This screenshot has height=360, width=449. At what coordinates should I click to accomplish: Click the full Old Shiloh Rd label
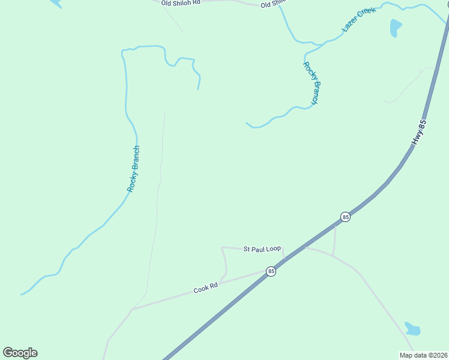click(x=180, y=3)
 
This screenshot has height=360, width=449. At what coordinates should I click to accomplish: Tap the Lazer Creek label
click(x=358, y=20)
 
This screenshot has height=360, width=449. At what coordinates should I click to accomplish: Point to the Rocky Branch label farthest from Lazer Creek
click(x=133, y=169)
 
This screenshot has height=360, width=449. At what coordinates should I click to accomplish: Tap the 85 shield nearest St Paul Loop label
click(x=271, y=271)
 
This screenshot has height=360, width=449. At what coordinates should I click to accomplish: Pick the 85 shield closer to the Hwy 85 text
click(x=345, y=217)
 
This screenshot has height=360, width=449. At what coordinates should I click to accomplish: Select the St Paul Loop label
click(x=262, y=248)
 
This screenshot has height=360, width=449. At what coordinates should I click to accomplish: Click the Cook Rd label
click(x=205, y=289)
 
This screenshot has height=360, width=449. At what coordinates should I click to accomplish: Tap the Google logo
click(x=20, y=353)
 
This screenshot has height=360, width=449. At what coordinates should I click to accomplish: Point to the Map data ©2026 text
click(x=424, y=355)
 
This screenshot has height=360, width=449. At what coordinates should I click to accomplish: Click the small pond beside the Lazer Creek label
click(x=396, y=28)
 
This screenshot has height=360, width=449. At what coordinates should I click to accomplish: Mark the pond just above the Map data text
click(x=412, y=329)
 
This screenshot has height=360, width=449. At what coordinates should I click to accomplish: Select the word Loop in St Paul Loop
click(x=273, y=248)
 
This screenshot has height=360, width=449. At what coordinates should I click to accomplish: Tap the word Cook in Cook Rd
click(x=200, y=290)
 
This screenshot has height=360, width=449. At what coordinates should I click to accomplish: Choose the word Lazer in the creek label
click(x=350, y=25)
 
